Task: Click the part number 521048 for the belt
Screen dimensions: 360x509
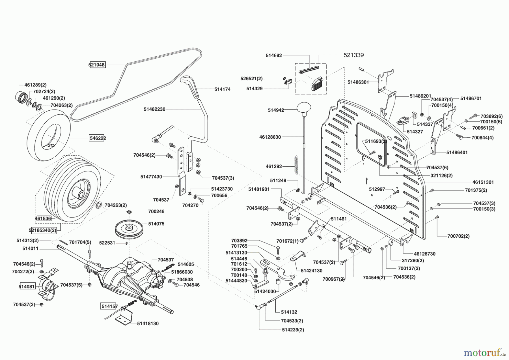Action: [97, 65]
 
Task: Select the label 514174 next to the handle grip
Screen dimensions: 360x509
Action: [222, 89]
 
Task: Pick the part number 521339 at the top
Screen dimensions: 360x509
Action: [353, 55]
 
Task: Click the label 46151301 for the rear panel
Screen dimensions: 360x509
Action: [483, 182]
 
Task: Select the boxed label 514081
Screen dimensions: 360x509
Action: [27, 286]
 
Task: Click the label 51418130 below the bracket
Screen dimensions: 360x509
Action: [148, 323]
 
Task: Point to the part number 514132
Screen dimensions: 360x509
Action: [289, 312]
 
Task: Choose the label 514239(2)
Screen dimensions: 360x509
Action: [293, 330]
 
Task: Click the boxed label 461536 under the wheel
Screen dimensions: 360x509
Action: [43, 218]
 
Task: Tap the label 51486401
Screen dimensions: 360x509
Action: [457, 152]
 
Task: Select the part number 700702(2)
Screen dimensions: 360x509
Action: [458, 236]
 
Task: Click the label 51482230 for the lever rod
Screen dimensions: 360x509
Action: [154, 109]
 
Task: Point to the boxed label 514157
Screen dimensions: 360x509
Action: [109, 306]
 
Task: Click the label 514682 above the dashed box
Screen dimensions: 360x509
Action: [274, 55]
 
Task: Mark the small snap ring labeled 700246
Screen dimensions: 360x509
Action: [130, 212]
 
